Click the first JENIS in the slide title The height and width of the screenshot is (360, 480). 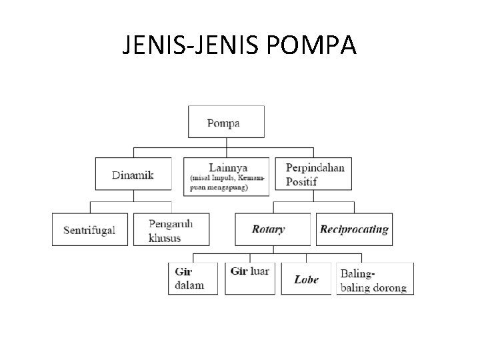tap(153, 45)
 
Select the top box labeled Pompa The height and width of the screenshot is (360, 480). tap(227, 122)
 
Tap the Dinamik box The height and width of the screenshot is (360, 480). tap(133, 175)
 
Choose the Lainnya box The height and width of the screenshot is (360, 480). tap(227, 176)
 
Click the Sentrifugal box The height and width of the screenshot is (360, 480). tap(90, 230)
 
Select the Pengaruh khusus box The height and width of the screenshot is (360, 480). tap(171, 230)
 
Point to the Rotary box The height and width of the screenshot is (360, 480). tap(272, 229)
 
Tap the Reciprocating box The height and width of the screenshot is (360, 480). tap(354, 229)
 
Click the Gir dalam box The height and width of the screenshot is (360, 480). tap(193, 278)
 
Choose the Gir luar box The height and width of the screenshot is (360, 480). tap(249, 278)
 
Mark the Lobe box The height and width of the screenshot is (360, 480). tap(306, 279)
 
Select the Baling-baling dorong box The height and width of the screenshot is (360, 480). tap(375, 279)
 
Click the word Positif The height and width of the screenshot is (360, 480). tap(303, 181)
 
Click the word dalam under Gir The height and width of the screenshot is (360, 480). tap(189, 285)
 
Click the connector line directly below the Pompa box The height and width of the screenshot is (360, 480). tap(227, 143)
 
